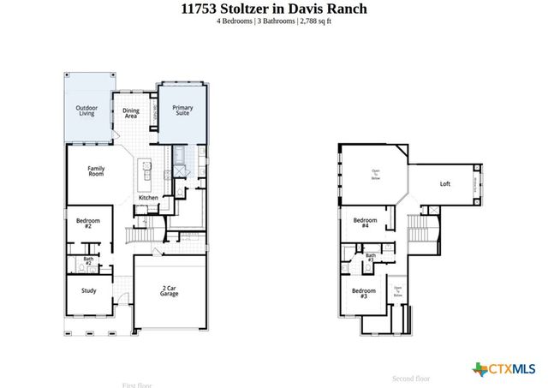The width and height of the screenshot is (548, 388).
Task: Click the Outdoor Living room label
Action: tap(87, 110)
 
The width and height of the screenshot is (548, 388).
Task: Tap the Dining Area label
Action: tap(131, 112)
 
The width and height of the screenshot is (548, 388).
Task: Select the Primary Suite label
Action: tap(183, 110)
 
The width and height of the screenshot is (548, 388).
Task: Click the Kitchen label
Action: tap(148, 198)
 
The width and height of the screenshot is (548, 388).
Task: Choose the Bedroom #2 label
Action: tap(87, 224)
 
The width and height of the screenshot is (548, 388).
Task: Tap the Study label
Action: tap(89, 290)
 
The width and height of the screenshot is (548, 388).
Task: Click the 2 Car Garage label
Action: tap(170, 291)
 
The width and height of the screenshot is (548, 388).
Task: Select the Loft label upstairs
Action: tap(444, 183)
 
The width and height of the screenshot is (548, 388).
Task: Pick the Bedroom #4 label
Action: tap(361, 224)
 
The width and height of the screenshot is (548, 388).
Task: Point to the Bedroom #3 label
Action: tap(359, 293)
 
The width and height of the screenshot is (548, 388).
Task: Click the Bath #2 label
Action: tap(88, 260)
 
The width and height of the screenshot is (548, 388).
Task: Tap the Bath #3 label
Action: tap(371, 257)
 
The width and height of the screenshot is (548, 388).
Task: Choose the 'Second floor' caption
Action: tap(411, 378)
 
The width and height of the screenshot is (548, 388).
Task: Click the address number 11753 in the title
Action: tap(203, 9)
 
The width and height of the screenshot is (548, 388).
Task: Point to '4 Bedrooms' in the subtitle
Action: tap(235, 22)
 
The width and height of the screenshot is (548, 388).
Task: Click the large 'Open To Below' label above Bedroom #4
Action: tap(375, 174)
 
